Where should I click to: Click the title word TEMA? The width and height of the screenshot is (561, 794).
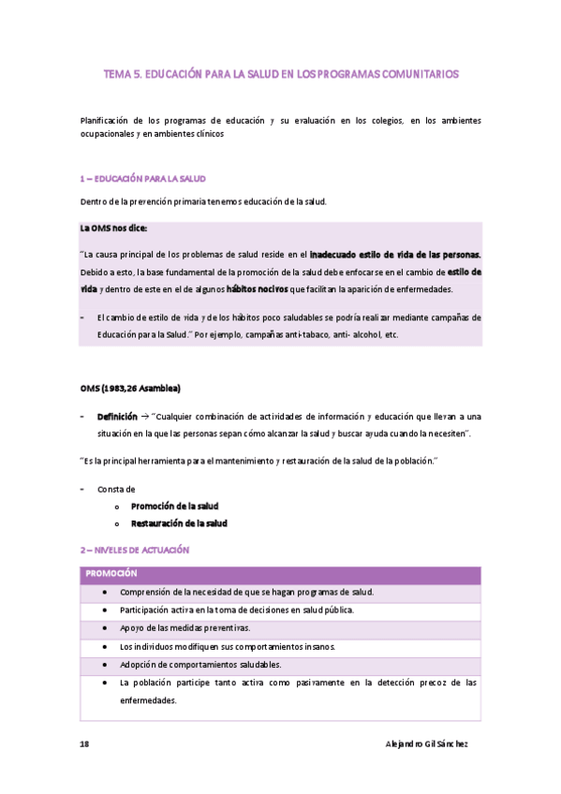(x=118, y=74)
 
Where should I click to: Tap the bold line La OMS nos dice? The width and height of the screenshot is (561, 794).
(x=113, y=228)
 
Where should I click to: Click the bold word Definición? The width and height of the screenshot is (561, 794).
(x=117, y=415)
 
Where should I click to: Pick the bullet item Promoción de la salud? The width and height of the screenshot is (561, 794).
(x=174, y=506)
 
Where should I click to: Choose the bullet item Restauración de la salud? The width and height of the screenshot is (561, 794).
(x=179, y=523)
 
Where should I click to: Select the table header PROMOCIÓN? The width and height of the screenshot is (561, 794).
(x=111, y=573)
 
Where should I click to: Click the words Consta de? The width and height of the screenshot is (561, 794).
(x=116, y=489)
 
